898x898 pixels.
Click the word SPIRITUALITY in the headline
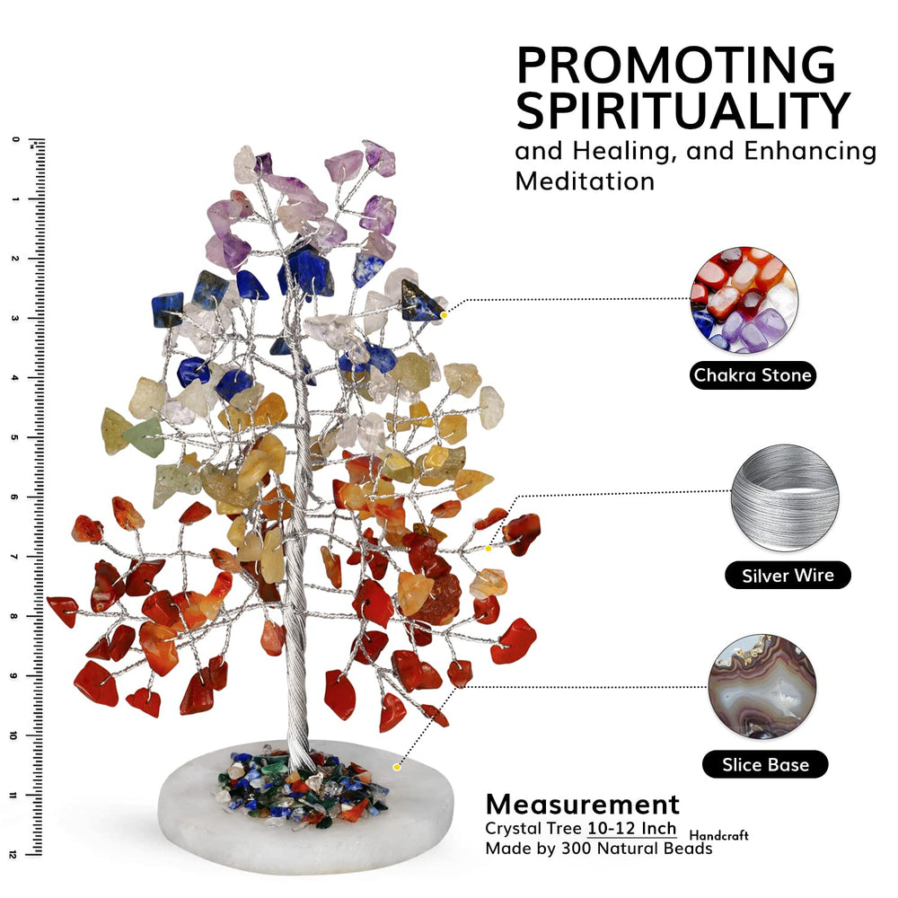(x=683, y=110)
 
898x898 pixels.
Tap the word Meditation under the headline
(x=585, y=181)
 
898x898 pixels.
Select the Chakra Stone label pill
(x=753, y=375)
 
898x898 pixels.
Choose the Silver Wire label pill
(x=788, y=575)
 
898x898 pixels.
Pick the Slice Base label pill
(x=765, y=764)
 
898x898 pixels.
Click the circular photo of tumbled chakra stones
(x=744, y=299)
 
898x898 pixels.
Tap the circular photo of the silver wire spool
(x=785, y=497)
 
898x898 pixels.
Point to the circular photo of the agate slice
(x=762, y=687)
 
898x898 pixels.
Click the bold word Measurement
(x=583, y=804)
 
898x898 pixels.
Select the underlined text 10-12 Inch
(x=631, y=829)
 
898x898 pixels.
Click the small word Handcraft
(x=718, y=835)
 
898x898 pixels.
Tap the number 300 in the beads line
(x=577, y=849)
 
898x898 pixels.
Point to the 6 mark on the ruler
(x=14, y=497)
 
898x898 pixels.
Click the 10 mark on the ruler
(x=13, y=735)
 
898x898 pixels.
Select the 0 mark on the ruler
(x=15, y=139)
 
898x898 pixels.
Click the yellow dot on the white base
(x=396, y=767)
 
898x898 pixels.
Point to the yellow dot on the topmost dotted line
(x=444, y=315)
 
